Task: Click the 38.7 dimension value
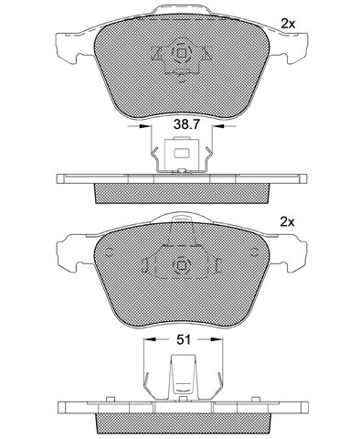186,124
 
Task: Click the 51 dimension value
184,339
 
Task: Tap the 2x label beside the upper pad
288,24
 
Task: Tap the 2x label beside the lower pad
287,222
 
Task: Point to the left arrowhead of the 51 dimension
150,339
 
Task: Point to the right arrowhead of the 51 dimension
217,339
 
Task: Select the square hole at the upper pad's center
182,53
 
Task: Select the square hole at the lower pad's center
182,266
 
